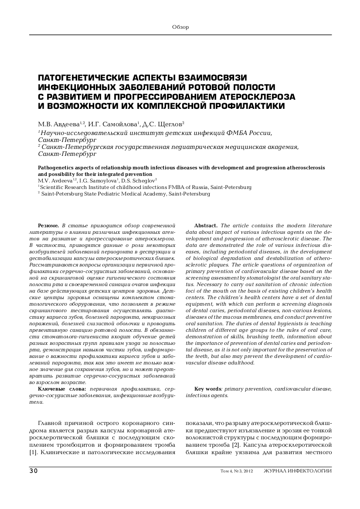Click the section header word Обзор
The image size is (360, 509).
pos(180,27)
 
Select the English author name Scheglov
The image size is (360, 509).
pos(143,180)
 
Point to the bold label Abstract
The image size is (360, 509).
pos(206,225)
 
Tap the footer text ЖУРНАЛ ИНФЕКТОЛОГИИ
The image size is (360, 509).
pos(297,471)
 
